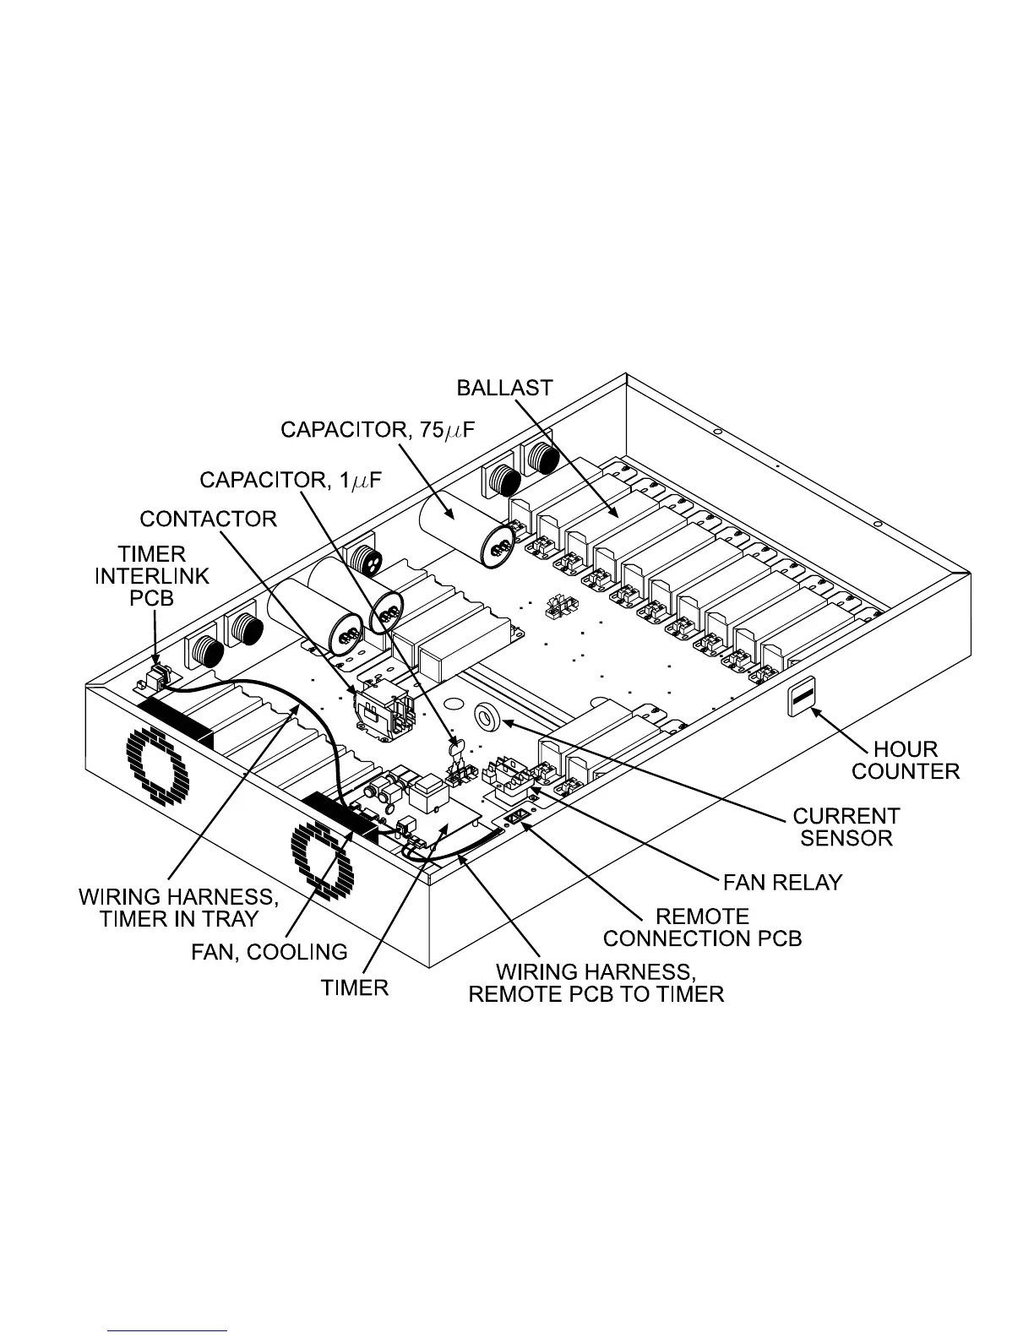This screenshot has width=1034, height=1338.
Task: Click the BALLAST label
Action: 504,388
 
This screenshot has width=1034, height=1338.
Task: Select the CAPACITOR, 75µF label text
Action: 378,431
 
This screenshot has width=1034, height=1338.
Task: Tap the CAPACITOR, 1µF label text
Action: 290,481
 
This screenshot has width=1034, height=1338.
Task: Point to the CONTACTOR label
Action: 208,519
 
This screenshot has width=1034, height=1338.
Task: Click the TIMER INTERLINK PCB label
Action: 152,576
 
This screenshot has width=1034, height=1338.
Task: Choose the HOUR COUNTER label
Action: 906,760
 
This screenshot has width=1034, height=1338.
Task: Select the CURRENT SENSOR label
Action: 846,827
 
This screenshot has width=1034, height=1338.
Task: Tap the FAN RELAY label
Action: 782,882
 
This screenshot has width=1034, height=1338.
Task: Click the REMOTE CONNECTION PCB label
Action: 702,927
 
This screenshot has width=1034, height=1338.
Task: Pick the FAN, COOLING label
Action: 268,952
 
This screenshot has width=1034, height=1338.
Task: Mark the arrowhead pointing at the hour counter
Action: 817,712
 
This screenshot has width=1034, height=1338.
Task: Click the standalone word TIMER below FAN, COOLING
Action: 355,987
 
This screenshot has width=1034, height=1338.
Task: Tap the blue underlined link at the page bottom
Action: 168,1330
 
